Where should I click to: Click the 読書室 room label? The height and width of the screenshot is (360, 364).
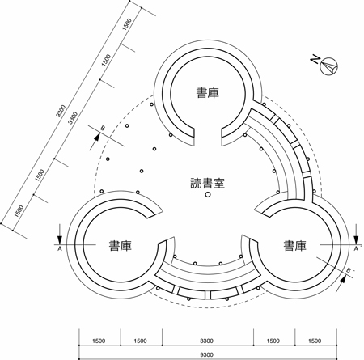[x=207, y=183]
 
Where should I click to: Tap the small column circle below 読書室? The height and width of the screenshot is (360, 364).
[x=207, y=194]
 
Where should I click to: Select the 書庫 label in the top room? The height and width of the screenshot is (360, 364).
[x=208, y=93]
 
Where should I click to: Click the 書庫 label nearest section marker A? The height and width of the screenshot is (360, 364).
[x=120, y=246]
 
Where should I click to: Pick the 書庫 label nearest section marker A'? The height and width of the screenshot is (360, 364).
[x=294, y=246]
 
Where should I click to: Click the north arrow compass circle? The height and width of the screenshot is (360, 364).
[x=329, y=66]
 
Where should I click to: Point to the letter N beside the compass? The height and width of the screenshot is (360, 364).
[x=315, y=59]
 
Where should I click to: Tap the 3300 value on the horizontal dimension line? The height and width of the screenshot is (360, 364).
[x=207, y=341]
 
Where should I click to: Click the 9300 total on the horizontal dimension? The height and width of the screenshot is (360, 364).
[x=207, y=354]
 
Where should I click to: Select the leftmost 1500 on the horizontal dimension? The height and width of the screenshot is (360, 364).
[x=99, y=341]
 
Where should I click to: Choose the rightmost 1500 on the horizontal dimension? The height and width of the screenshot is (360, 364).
[x=315, y=341]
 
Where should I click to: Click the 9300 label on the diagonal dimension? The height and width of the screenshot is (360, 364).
[x=61, y=111]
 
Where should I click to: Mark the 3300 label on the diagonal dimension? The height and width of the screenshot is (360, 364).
[x=73, y=118]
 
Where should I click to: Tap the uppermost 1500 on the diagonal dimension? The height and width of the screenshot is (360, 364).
[x=127, y=24]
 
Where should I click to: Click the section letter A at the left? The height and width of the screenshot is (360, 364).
[x=60, y=248]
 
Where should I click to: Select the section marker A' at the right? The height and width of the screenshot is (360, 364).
[x=357, y=248]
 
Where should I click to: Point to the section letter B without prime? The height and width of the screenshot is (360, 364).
[x=103, y=129]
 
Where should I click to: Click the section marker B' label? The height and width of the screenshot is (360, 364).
[x=349, y=270]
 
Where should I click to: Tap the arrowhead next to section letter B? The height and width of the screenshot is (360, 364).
[x=97, y=137]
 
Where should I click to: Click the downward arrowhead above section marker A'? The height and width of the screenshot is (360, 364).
[x=356, y=240]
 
